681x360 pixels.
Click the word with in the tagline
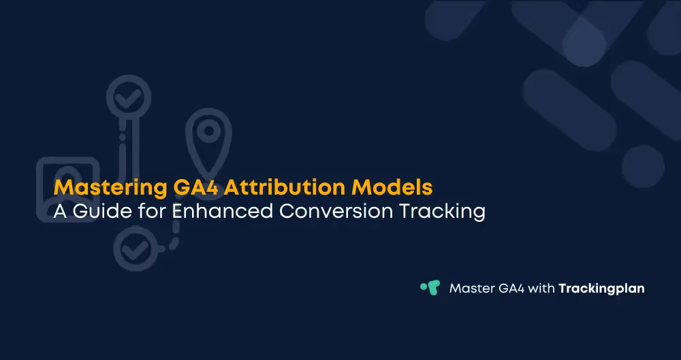[543, 289]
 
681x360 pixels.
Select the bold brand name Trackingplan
[601, 289]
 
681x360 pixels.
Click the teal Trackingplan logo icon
[430, 287]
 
